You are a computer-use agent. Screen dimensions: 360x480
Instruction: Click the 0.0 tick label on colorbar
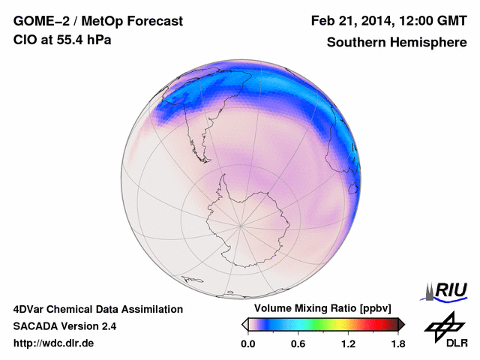click(x=248, y=343)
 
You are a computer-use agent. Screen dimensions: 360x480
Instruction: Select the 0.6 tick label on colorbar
click(x=298, y=343)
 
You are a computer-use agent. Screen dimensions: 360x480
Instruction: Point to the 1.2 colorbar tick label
click(x=348, y=343)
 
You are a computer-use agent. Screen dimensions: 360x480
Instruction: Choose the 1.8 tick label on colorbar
click(x=397, y=343)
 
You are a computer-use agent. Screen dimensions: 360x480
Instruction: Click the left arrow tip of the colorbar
click(x=244, y=324)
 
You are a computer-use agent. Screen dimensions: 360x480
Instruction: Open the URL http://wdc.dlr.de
click(x=54, y=343)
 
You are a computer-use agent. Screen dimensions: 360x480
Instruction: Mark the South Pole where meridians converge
click(x=241, y=224)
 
